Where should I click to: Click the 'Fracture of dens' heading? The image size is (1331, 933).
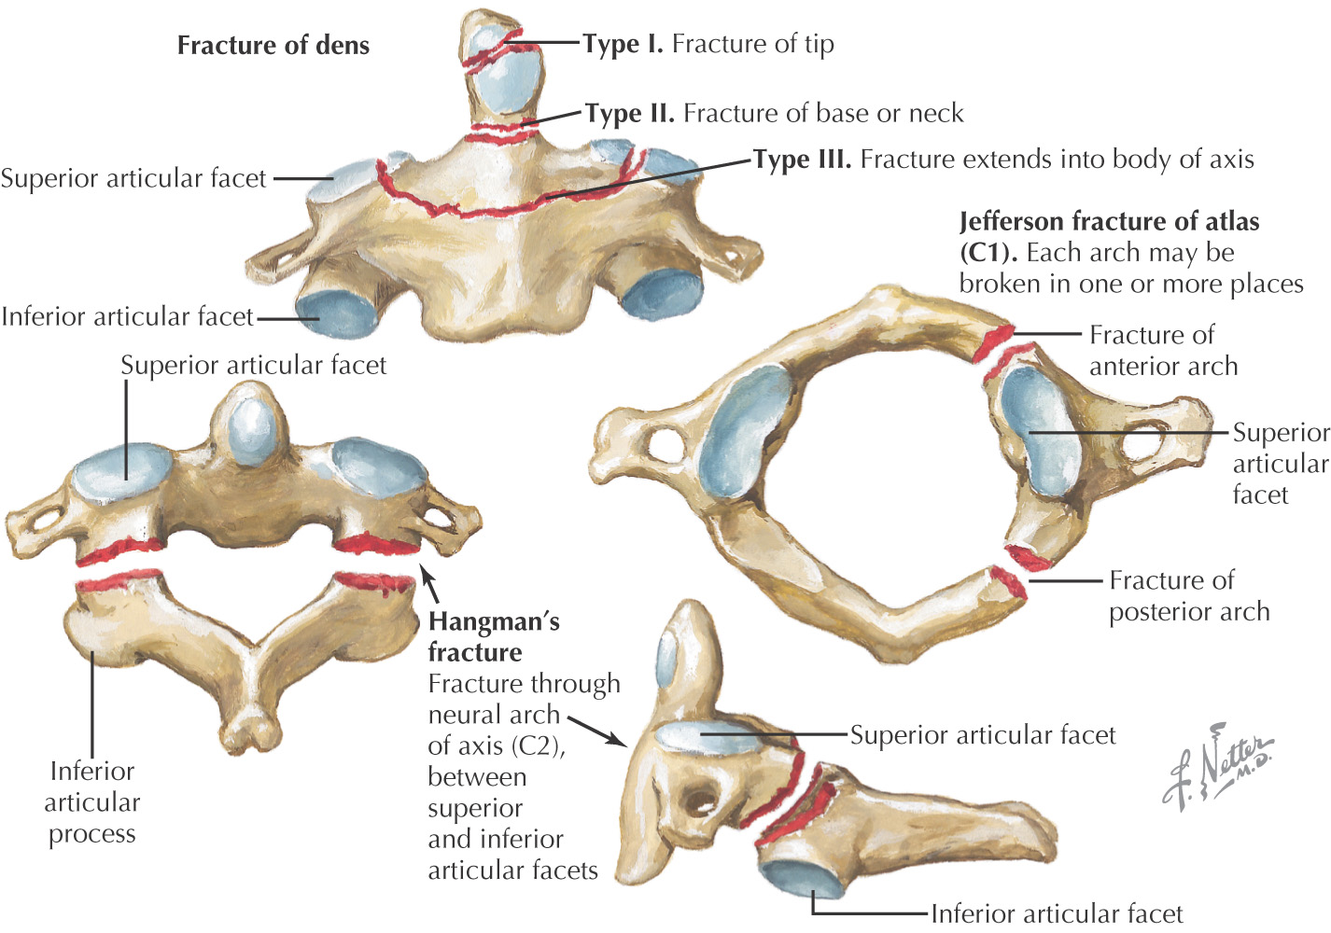tap(273, 45)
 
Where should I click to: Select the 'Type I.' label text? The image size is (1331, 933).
tap(623, 44)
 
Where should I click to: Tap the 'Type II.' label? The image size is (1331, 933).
tap(630, 113)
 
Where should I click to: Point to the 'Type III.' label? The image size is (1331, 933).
tap(803, 160)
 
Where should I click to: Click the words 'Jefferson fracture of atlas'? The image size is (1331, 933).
tap(1109, 222)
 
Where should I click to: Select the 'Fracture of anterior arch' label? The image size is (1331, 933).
tap(1163, 350)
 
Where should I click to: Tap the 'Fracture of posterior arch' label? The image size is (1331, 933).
tap(1188, 595)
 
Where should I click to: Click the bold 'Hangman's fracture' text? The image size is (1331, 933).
tap(493, 636)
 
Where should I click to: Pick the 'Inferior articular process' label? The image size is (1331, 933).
tap(91, 801)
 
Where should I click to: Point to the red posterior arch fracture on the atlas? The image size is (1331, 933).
tap(1014, 569)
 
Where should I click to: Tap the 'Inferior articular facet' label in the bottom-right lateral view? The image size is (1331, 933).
tap(1057, 912)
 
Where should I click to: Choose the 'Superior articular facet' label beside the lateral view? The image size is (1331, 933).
tap(982, 735)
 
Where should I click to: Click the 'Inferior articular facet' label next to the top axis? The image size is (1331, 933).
tap(127, 317)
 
